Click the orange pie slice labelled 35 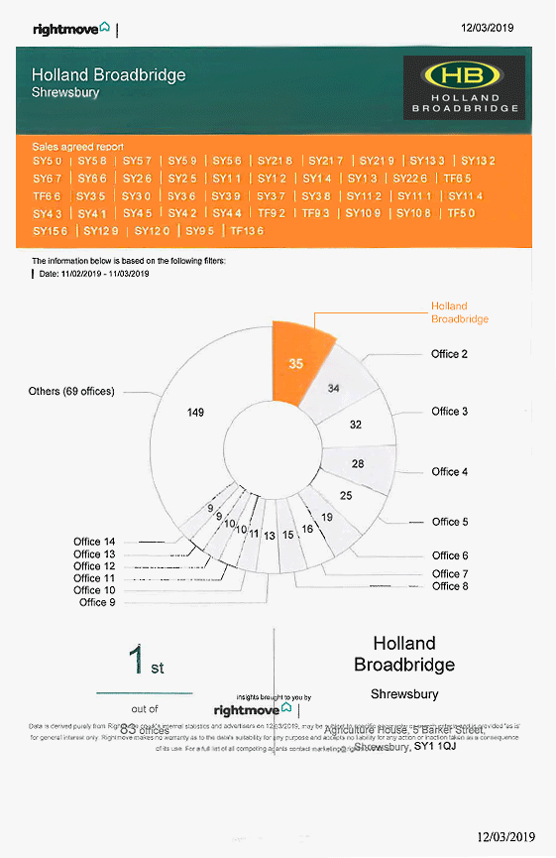[294, 364]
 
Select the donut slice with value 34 [334, 387]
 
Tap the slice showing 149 [196, 411]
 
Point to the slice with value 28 [357, 463]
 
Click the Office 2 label [449, 354]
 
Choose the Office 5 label [450, 522]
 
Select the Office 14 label [94, 542]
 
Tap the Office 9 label [97, 602]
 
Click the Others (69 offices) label [71, 391]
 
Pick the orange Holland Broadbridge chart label [459, 312]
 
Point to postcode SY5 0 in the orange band [47, 161]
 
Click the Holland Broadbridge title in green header [108, 75]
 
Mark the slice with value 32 [355, 425]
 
